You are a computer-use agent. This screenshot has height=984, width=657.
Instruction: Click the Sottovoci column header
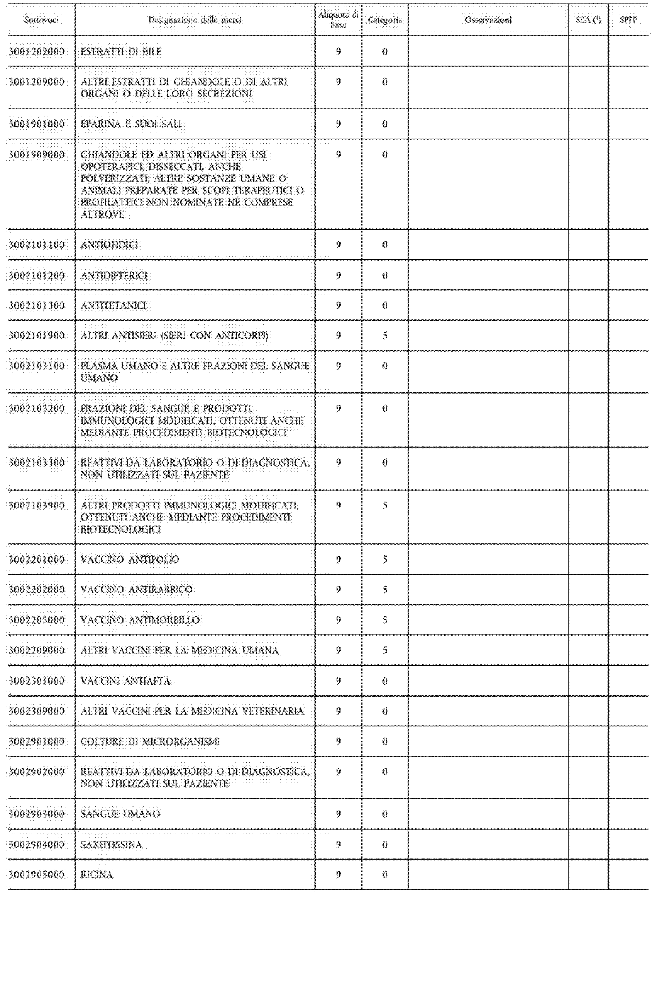point(41,20)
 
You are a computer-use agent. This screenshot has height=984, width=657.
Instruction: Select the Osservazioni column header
point(488,20)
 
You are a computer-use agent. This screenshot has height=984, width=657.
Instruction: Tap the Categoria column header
point(384,20)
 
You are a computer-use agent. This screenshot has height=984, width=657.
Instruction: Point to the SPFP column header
point(628,20)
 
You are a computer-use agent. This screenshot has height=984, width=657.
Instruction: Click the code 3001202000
point(37,51)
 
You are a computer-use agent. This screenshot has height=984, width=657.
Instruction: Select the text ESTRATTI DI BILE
point(121,51)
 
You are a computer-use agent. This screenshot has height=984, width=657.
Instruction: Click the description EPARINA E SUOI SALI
point(131,124)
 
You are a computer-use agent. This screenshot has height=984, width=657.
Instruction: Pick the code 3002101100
point(37,245)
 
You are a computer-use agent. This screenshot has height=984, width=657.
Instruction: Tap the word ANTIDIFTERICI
point(113,275)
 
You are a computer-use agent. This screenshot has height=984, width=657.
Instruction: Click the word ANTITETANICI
point(113,305)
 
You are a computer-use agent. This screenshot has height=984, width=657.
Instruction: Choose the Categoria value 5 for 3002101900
point(384,336)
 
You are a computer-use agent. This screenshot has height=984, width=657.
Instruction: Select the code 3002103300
point(37,463)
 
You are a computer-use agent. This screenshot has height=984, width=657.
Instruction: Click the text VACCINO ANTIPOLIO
point(130,560)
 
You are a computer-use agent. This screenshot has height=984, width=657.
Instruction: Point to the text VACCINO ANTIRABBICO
point(136,590)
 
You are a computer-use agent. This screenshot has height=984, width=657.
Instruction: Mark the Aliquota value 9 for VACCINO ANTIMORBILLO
point(339,620)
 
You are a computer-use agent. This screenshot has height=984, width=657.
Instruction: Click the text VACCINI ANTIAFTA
point(125,680)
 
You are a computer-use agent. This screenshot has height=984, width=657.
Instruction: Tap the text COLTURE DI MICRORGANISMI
point(150,741)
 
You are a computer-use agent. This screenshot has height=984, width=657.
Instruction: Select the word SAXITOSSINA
point(111,844)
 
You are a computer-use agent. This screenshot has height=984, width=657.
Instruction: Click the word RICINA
point(97,875)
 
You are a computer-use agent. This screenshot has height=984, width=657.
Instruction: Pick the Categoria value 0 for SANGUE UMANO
point(384,814)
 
